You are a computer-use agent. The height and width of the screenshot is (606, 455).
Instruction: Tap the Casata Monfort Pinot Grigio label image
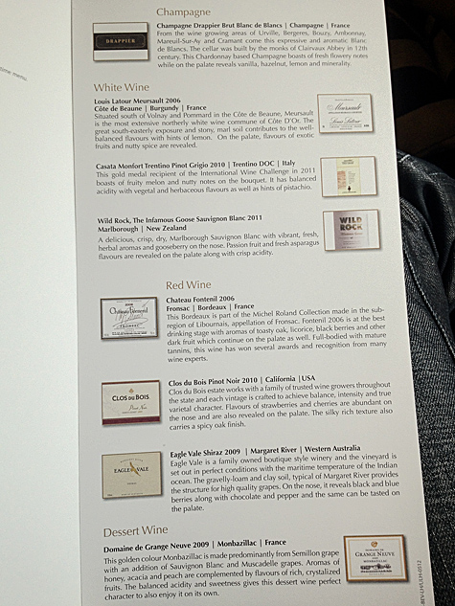click(x=342, y=175)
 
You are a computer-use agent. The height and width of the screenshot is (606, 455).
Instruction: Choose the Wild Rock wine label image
click(x=352, y=230)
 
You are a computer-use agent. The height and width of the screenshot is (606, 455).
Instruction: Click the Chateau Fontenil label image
click(x=127, y=319)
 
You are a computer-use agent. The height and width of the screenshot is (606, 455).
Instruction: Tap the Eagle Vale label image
click(x=131, y=475)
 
